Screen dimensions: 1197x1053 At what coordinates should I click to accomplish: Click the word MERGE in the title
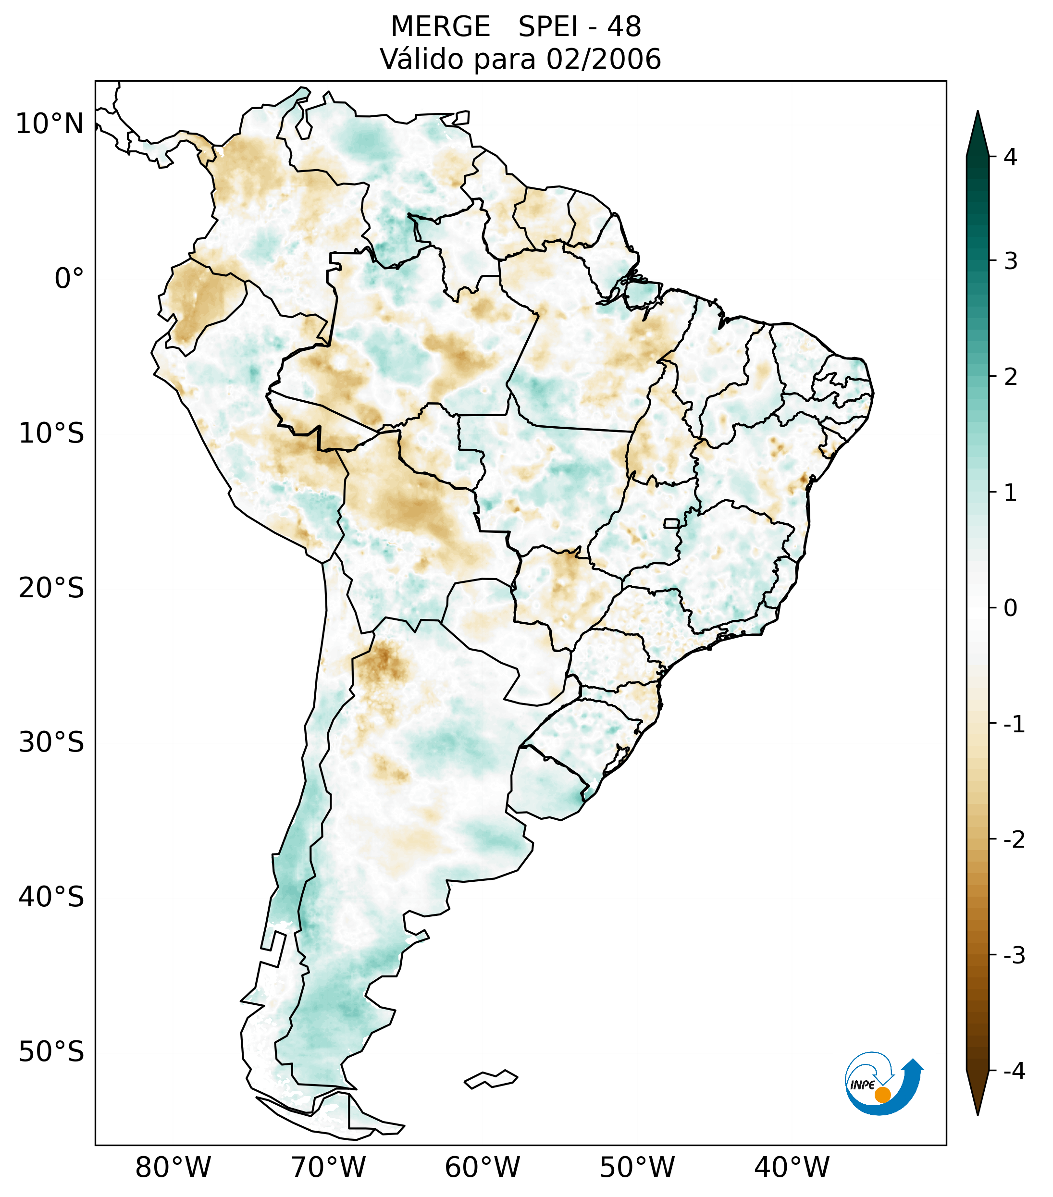440,27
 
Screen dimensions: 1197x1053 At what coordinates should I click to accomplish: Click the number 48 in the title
624,27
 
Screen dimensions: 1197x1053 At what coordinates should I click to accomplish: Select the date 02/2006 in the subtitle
603,59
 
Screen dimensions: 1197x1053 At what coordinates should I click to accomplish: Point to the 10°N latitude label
50,124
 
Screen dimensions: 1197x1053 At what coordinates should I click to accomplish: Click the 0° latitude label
69,279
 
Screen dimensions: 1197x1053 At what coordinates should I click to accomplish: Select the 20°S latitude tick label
51,588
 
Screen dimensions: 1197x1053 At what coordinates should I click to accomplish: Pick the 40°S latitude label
51,897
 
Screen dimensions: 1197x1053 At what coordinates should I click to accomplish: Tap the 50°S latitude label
51,1052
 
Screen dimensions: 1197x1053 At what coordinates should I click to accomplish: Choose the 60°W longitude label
482,1167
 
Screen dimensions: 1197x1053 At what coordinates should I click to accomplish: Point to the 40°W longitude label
791,1167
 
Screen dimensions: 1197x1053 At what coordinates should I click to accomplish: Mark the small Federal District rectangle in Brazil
672,523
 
